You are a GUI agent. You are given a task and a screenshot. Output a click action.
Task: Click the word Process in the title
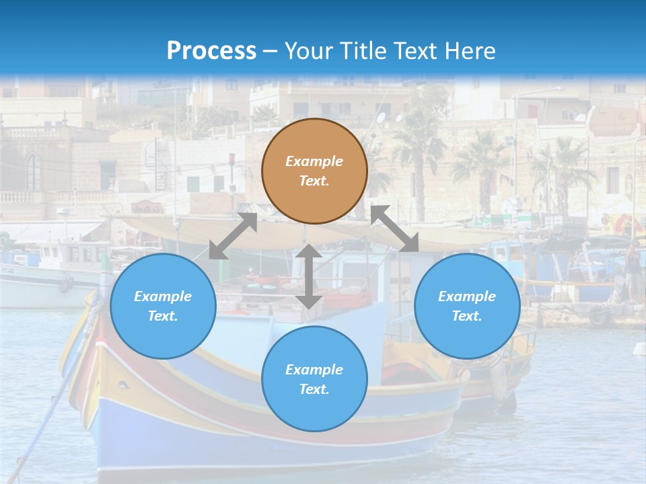point(211,50)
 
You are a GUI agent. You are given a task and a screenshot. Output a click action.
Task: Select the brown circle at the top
point(314,171)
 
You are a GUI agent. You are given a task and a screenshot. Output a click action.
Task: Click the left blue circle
point(163,306)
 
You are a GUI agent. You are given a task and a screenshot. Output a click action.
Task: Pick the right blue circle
point(467,306)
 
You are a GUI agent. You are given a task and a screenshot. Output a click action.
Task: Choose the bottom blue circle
point(314,379)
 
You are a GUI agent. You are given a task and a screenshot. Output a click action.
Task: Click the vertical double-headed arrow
point(309,276)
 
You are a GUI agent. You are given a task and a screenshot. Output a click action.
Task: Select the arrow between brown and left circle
point(234,236)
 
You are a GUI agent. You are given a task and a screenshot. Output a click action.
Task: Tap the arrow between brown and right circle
point(395,229)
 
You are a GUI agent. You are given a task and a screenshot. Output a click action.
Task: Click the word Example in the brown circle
point(314,161)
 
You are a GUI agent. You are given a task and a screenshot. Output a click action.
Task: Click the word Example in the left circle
point(163,296)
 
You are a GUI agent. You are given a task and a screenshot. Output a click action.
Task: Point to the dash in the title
point(271,51)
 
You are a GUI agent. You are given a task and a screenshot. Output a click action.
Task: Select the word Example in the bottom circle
point(314,370)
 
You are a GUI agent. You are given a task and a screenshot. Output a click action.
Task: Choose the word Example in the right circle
point(467,296)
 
